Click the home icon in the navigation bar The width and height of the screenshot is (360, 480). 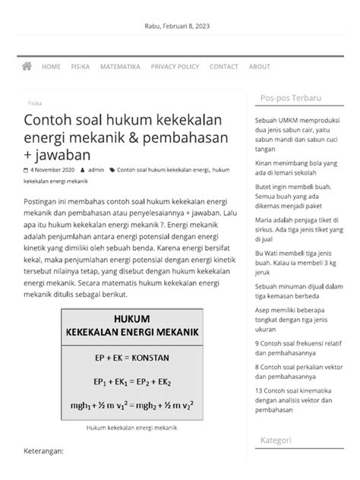coord(27,67)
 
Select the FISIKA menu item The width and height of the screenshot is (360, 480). coord(81,67)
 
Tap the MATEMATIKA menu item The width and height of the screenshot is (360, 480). coord(120,67)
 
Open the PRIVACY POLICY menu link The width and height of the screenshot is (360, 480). coord(175,67)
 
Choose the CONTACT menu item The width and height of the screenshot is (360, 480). coord(223,67)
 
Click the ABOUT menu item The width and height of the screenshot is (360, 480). coord(259,67)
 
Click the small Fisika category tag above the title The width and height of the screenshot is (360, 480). coord(35,100)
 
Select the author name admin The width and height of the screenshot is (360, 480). coord(96,170)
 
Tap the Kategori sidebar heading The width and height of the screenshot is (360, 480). coord(276,440)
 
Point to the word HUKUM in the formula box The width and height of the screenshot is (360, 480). coord(132,319)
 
